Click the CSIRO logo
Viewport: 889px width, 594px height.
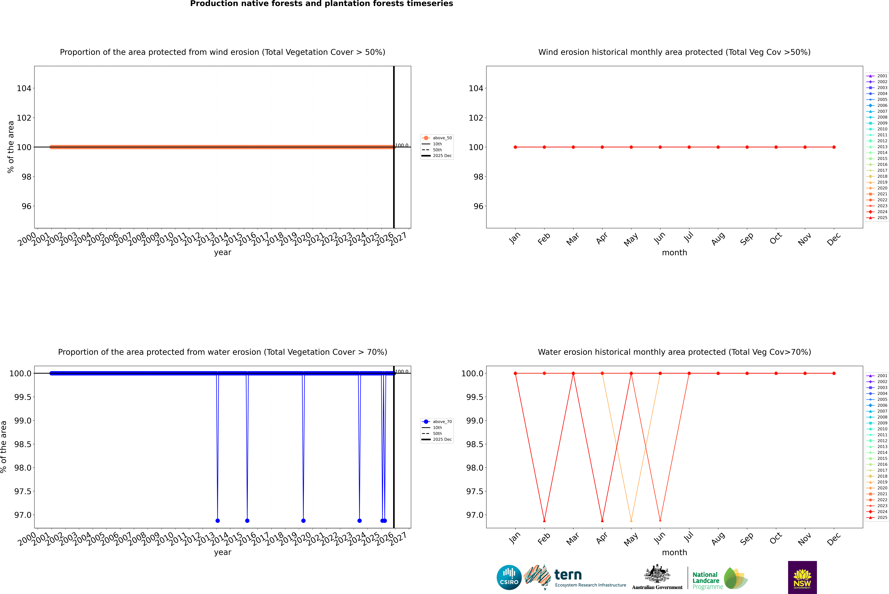click(509, 577)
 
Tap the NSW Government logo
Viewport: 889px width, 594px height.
click(802, 577)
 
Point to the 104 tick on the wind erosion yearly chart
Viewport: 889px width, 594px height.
click(24, 88)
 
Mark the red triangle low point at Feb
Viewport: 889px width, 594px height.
click(544, 520)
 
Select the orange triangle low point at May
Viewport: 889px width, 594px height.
click(631, 520)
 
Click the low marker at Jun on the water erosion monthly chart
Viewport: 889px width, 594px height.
click(660, 520)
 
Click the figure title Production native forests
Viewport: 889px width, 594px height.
click(321, 4)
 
